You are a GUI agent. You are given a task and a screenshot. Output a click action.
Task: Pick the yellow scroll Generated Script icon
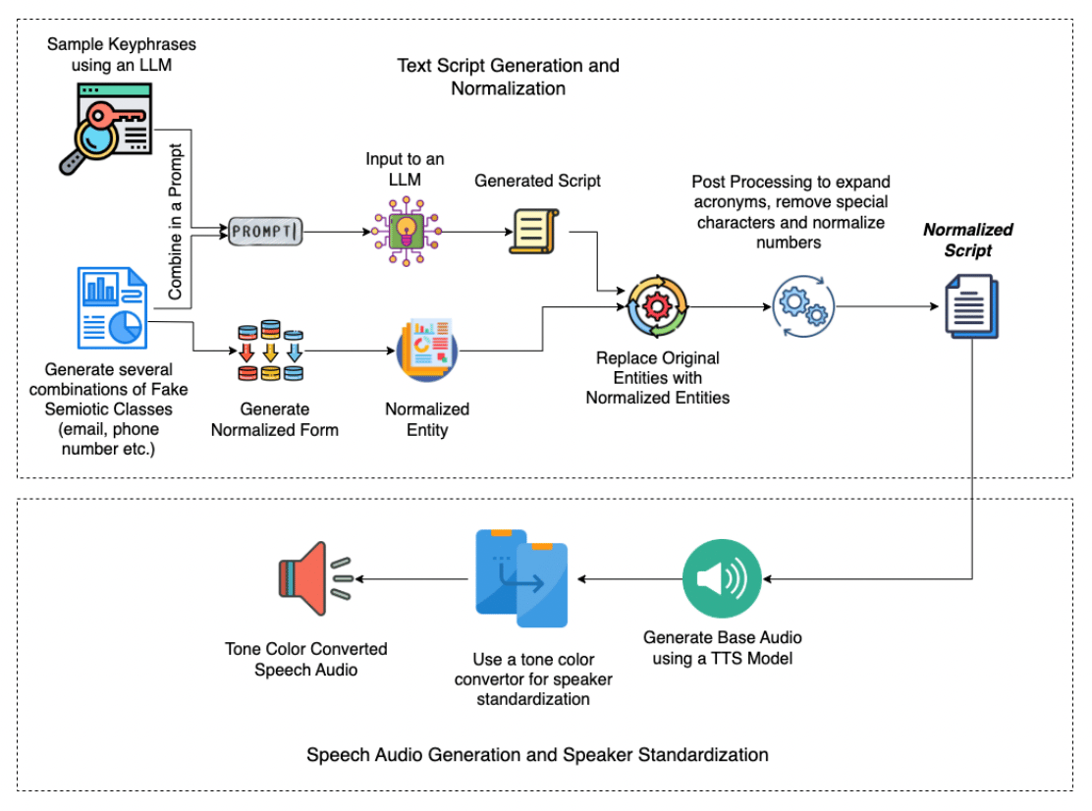point(533,232)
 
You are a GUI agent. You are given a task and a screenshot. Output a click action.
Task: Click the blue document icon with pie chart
point(110,309)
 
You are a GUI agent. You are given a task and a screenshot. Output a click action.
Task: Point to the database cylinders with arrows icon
point(271,350)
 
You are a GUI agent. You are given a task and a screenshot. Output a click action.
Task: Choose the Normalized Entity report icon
point(426,351)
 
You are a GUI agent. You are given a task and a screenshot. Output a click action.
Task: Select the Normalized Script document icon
point(970,306)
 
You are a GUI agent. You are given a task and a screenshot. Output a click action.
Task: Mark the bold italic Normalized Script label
point(968,240)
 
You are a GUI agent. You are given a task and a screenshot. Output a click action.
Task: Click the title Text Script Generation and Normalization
point(508,77)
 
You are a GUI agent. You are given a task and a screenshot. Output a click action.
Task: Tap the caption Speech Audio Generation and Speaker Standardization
point(537,754)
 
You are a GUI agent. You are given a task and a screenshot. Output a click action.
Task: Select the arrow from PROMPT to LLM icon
point(336,233)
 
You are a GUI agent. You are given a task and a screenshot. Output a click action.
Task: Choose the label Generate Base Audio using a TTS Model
point(722,648)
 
